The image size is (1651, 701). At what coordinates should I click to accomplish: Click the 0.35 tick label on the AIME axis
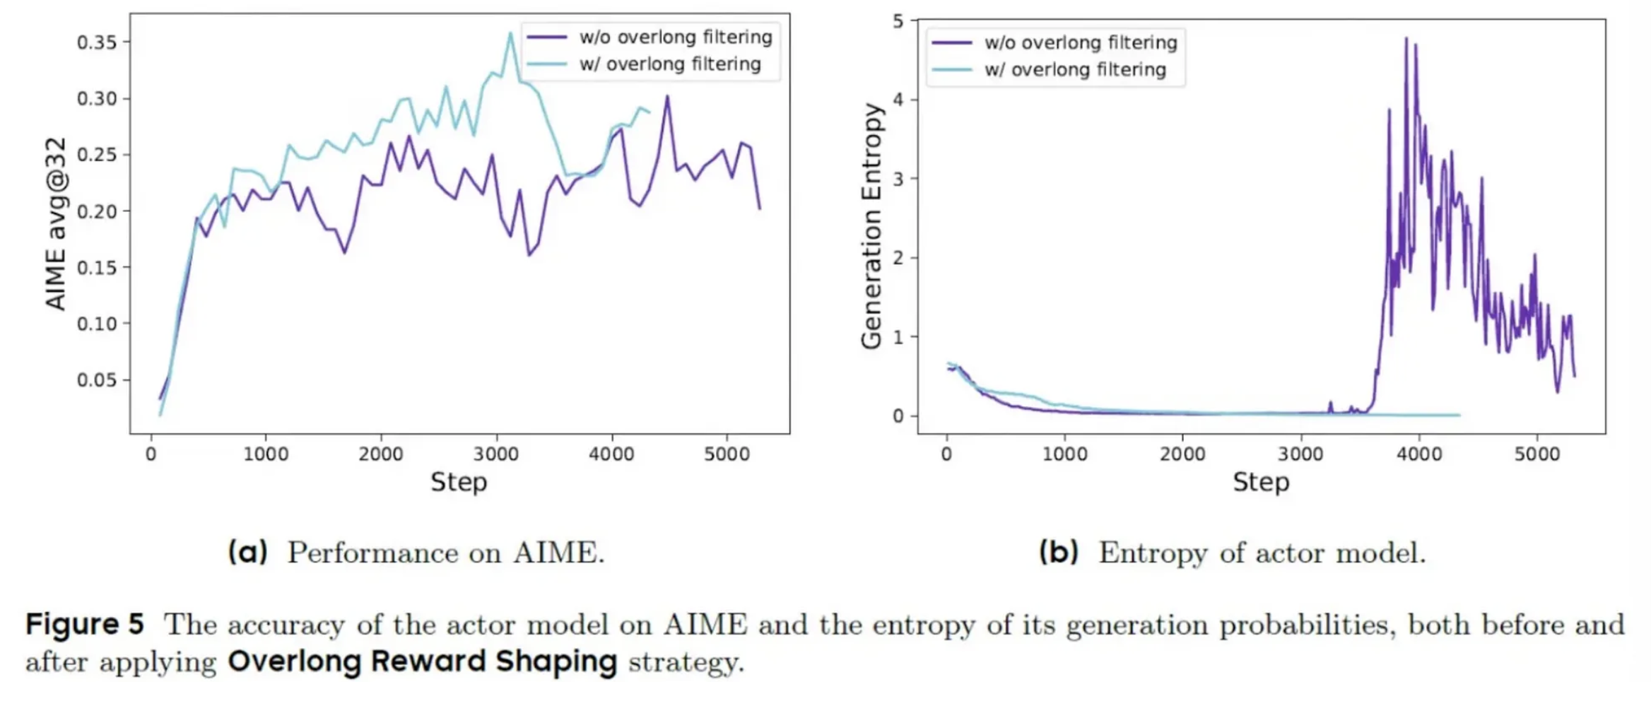[x=96, y=42]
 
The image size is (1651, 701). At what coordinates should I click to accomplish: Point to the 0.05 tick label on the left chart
[x=96, y=380]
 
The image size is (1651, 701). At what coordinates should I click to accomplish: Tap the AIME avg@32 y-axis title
[x=56, y=223]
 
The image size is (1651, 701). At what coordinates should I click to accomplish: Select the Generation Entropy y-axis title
[x=872, y=225]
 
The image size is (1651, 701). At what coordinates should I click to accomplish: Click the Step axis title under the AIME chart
[x=459, y=482]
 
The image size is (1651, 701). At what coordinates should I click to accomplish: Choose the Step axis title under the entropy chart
[x=1261, y=482]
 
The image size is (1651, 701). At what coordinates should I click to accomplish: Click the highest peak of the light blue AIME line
[x=510, y=33]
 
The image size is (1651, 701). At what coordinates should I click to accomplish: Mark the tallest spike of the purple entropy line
[x=1406, y=38]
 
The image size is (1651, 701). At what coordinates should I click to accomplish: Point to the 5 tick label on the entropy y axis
[x=898, y=21]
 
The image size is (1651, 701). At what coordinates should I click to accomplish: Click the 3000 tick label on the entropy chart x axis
[x=1300, y=454]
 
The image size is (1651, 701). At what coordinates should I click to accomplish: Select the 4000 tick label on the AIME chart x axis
[x=611, y=454]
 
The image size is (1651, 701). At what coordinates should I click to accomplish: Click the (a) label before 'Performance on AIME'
[x=247, y=552]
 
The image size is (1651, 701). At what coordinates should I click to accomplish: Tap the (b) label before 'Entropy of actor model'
[x=1058, y=552]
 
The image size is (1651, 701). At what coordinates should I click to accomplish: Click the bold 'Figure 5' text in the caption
[x=85, y=624]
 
